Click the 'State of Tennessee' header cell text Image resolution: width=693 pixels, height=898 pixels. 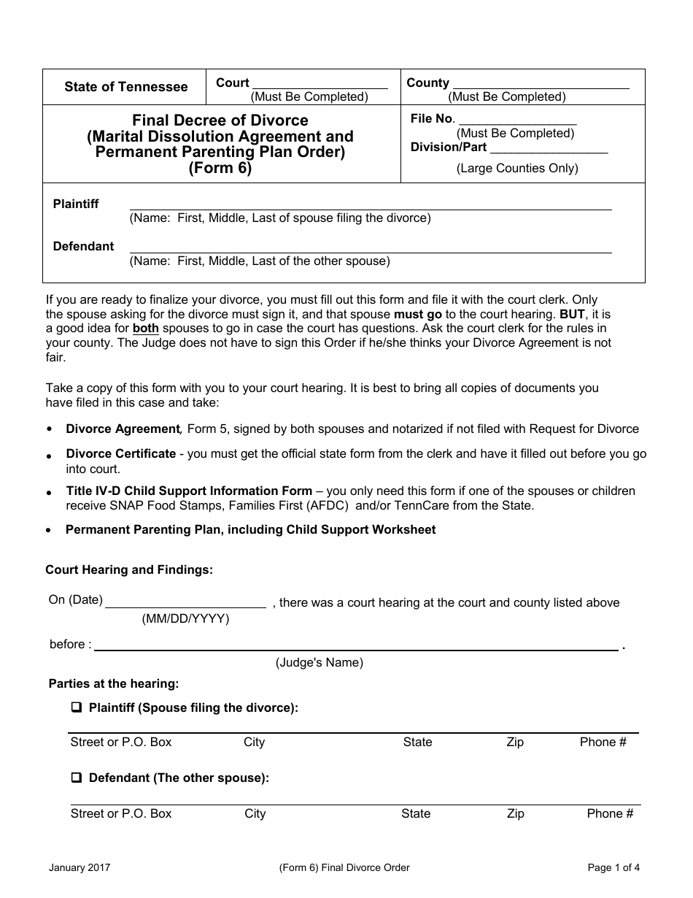pos(125,87)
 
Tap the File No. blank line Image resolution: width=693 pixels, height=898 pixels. pos(516,120)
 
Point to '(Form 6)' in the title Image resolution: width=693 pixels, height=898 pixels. pos(220,169)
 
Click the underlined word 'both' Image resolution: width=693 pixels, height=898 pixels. pos(146,329)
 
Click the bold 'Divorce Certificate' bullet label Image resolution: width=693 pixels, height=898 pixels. pos(120,454)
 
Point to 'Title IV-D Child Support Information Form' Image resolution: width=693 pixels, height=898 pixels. pos(189,491)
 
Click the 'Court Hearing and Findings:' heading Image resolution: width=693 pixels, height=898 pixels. pos(129,570)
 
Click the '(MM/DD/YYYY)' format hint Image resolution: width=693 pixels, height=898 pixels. pos(185,619)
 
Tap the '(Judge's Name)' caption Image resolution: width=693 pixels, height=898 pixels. pos(319,663)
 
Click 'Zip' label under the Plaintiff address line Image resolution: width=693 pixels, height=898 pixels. pos(515,742)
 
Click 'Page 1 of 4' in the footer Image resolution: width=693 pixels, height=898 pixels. pos(613,868)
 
